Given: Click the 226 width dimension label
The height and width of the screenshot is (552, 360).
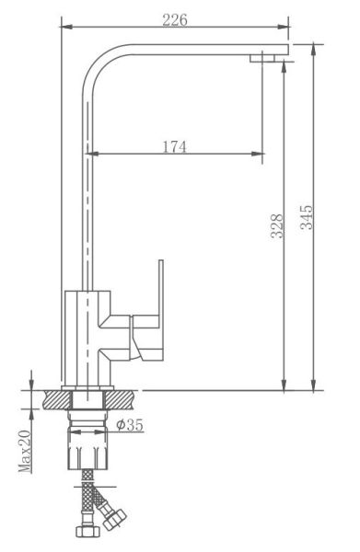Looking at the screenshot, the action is tap(175, 20).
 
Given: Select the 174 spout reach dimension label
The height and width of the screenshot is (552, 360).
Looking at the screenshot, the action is tap(175, 147).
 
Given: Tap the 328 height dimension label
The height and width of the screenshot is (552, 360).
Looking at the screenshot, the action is tap(277, 226).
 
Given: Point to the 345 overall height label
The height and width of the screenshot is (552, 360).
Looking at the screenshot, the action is tap(306, 217).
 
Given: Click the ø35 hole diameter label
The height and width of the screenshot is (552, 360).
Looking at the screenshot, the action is tap(130, 424).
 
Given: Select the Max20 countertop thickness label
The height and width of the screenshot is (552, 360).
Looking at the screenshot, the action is tap(25, 451).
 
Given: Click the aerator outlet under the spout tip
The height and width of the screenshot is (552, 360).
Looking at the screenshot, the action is tap(262, 58).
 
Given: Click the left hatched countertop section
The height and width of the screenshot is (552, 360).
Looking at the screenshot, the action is tap(57, 400).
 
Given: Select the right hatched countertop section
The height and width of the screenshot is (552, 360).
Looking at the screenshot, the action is tap(120, 400).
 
